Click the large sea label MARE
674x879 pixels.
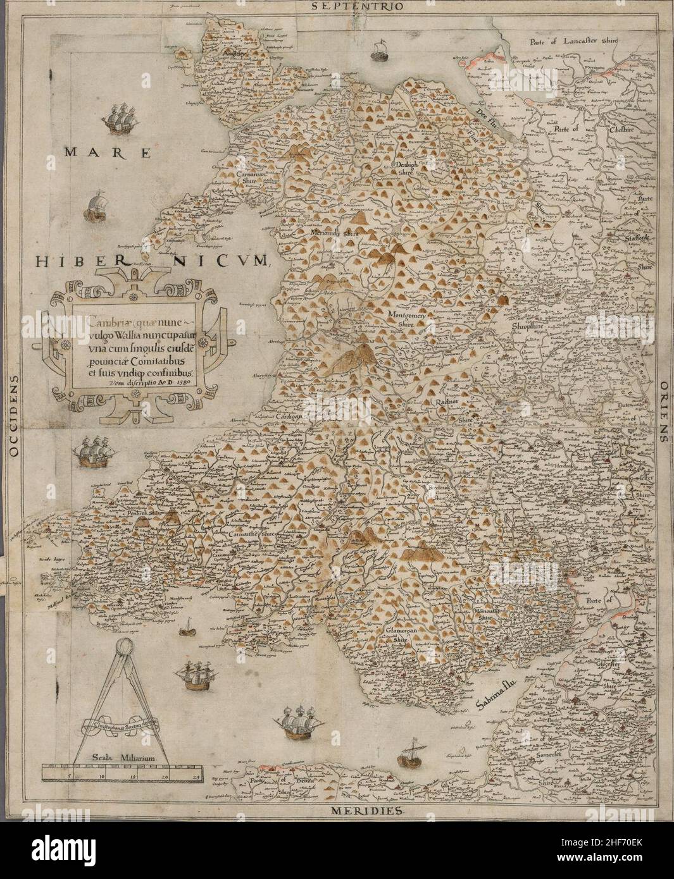pyautogui.click(x=108, y=152)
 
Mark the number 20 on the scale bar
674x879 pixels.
pyautogui.click(x=166, y=775)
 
